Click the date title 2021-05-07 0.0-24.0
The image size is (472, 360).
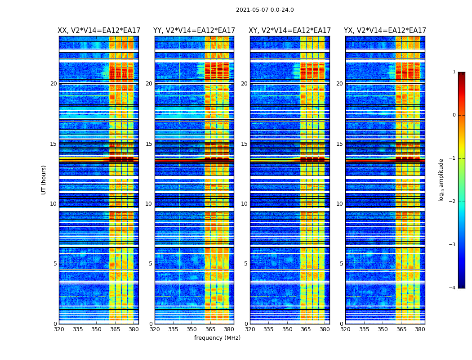265,10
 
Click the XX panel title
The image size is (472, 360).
99,31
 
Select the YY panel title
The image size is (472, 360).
194,31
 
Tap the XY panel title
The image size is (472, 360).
290,31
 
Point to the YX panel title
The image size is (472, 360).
385,31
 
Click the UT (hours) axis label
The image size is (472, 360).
44,180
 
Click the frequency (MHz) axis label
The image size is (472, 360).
217,338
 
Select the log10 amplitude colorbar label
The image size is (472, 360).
441,180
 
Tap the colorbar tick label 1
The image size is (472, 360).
454,72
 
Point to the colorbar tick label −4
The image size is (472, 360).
453,288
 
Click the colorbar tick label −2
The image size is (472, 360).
453,202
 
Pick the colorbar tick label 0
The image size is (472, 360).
454,115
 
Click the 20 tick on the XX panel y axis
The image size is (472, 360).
53,84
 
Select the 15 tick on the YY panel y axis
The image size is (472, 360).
148,144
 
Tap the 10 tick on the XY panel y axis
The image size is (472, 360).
244,204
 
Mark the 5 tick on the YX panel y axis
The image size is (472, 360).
341,264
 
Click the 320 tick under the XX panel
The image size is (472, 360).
59,329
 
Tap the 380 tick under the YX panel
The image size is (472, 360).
420,329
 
